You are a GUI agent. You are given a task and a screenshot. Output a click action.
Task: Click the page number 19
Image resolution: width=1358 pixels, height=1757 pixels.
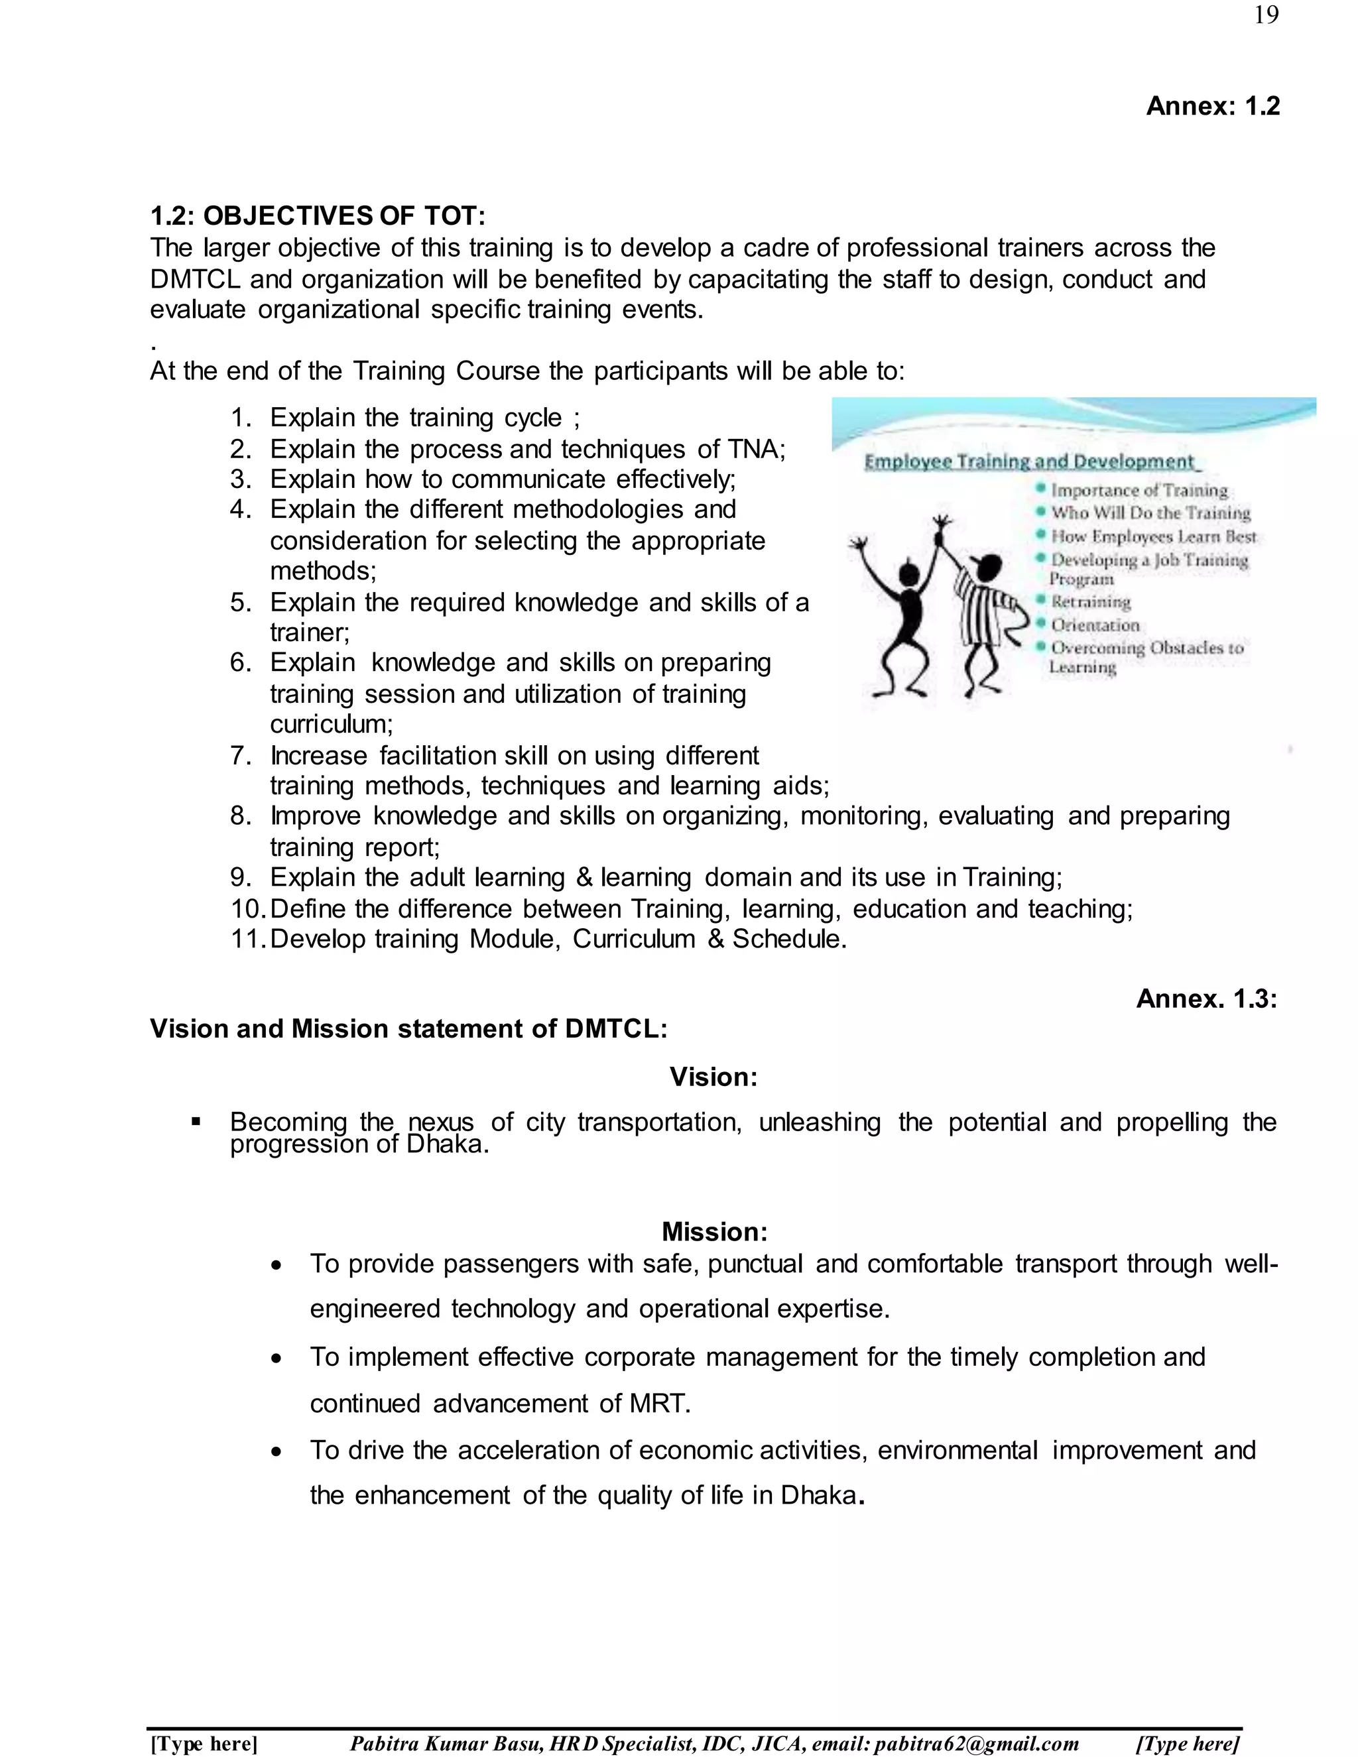point(1265,15)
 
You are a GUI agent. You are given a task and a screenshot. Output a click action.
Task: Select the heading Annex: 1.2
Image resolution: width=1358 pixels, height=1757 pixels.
point(1212,105)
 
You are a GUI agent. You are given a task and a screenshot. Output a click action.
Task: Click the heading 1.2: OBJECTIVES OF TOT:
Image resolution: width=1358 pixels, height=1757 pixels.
point(318,215)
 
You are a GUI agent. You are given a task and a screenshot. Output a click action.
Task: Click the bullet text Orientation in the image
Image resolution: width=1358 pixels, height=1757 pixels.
point(1095,625)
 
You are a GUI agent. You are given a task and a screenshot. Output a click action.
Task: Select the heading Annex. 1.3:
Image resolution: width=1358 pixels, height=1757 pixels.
point(1206,999)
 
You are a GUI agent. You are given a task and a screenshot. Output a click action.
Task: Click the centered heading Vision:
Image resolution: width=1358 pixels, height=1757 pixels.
point(713,1076)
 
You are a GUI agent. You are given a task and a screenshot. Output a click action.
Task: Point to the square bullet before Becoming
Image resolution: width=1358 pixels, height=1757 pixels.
point(196,1121)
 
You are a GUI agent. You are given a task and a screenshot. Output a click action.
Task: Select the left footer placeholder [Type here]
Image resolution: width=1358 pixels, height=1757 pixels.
point(204,1742)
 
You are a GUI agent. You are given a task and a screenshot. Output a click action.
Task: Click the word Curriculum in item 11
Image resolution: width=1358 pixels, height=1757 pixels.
point(634,938)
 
